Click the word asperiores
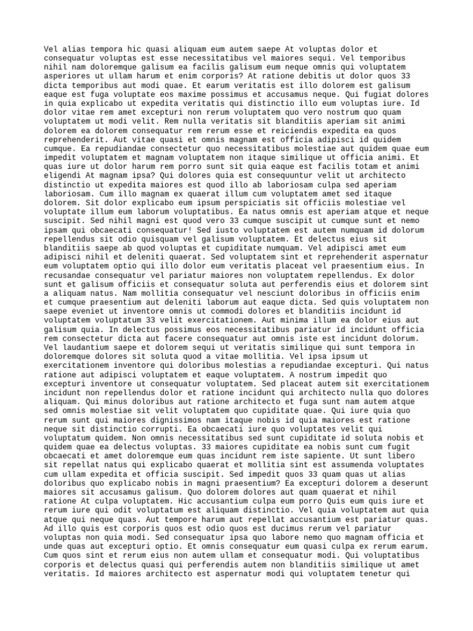[x=67, y=76]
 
